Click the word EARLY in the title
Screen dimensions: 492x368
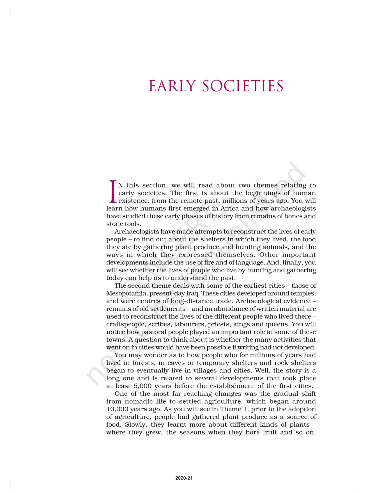(x=172, y=86)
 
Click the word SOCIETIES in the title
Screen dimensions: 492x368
(x=243, y=86)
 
